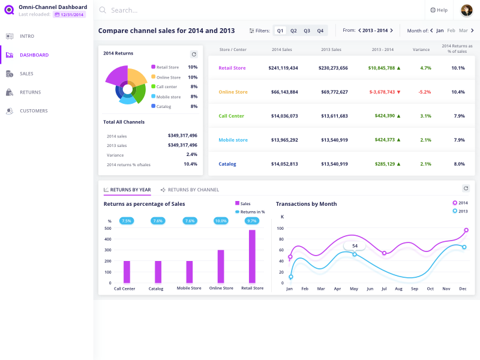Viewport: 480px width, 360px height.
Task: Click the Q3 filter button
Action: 307,31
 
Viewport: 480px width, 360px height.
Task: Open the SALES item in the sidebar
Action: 26,73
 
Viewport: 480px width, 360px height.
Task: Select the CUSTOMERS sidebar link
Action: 34,110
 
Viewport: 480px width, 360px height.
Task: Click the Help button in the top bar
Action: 439,10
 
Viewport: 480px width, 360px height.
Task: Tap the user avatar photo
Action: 466,10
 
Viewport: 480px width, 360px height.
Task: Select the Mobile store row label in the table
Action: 233,140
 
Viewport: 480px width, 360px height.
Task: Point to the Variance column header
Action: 421,49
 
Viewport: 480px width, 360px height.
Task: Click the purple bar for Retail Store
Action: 252,256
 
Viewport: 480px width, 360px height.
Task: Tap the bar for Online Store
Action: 221,266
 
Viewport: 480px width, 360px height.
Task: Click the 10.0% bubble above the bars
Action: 221,221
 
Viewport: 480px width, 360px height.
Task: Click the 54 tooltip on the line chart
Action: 355,246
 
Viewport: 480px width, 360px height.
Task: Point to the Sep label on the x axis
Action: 414,289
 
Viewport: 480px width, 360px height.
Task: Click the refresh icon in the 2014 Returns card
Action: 194,54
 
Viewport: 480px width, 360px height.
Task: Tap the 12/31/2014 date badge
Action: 69,14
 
